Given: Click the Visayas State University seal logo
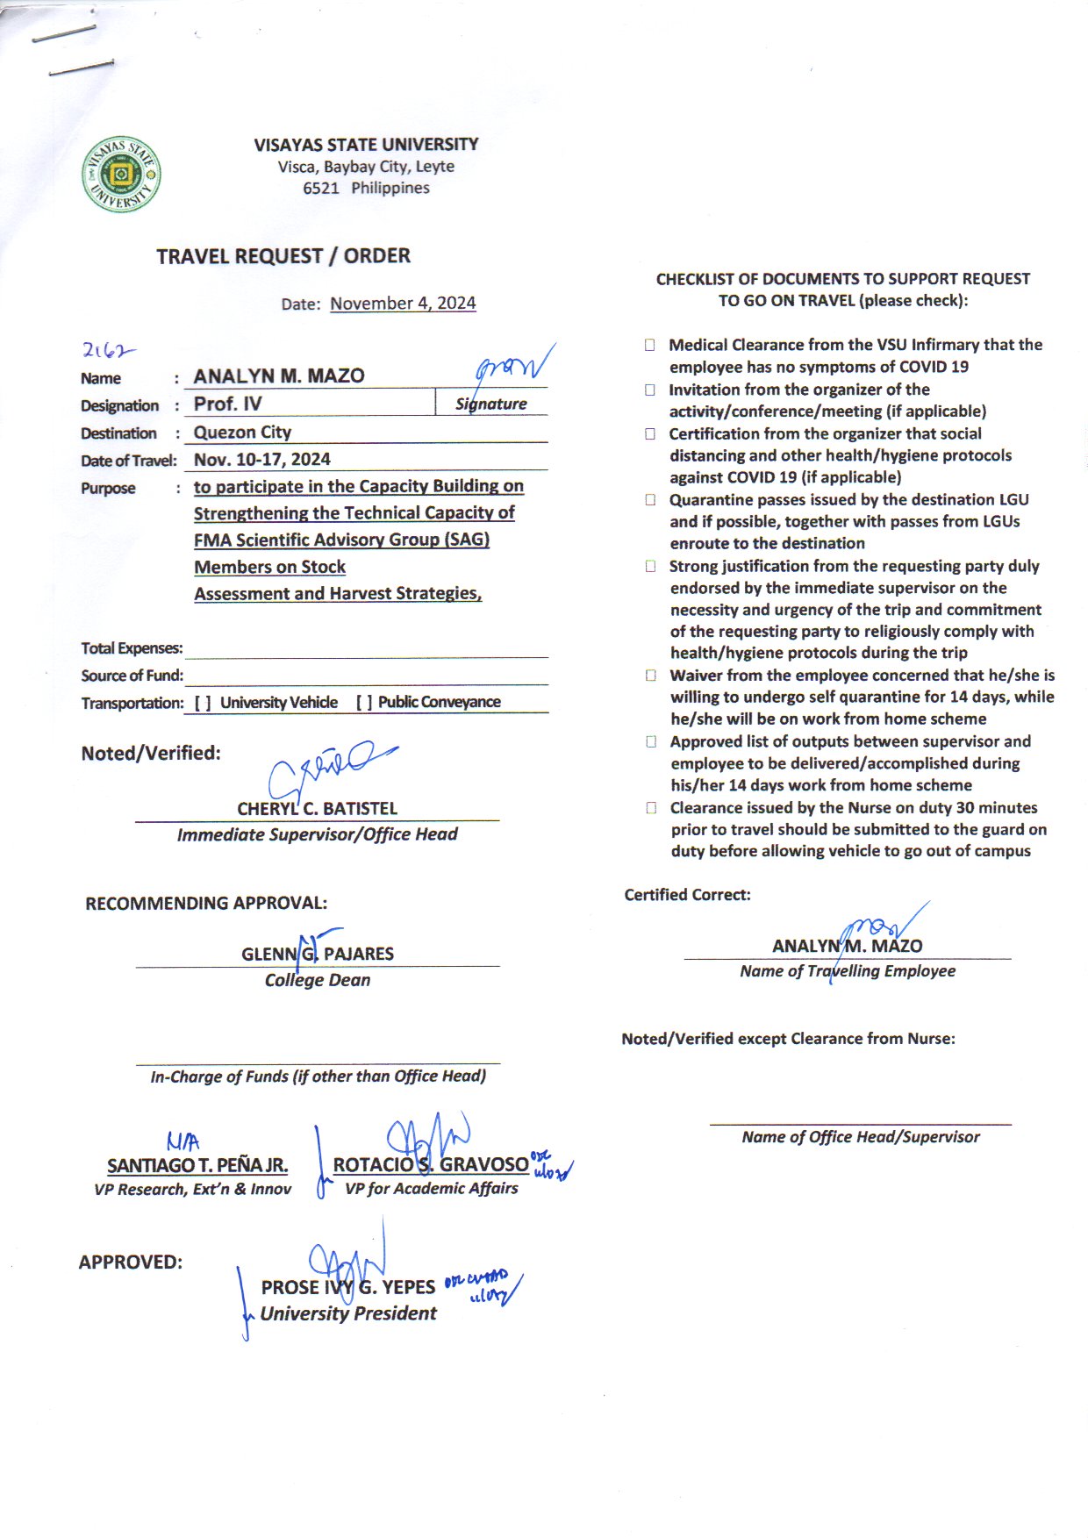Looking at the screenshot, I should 121,175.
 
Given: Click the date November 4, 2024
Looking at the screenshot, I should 403,304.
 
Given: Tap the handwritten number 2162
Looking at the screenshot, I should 108,350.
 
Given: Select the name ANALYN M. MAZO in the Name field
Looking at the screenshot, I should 279,376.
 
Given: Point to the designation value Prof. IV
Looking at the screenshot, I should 227,404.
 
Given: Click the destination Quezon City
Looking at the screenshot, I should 242,433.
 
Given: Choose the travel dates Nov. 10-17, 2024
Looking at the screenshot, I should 261,460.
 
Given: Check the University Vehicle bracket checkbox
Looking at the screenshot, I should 203,703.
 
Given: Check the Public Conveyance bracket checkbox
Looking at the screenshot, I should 364,703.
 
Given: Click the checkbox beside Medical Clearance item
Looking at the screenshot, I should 650,346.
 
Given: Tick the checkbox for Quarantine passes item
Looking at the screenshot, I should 650,500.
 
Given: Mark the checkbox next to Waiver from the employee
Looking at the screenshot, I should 651,676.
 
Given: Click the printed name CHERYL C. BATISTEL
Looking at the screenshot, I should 317,809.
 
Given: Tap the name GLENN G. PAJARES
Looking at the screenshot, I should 318,955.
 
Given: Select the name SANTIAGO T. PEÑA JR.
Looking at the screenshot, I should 197,1166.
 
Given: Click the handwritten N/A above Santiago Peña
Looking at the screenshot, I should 183,1141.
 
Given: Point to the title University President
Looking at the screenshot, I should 348,1314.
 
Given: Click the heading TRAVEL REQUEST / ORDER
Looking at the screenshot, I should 283,256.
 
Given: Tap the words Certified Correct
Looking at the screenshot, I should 687,895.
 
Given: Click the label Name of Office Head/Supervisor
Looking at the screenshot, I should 860,1137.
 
